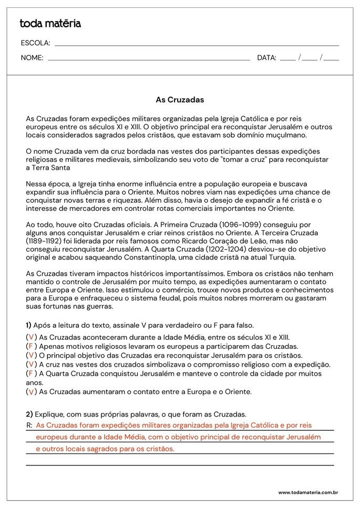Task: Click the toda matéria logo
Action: pos(50,24)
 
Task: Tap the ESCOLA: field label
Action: pos(35,43)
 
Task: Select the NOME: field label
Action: pos(32,58)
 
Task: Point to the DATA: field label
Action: pos(266,58)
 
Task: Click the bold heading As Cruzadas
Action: pos(180,99)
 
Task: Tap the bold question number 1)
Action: pos(29,325)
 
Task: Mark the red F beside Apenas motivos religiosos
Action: pos(31,346)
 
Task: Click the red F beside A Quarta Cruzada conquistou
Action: pos(31,373)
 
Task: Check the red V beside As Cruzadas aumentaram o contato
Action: pos(32,392)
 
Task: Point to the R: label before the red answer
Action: pos(29,424)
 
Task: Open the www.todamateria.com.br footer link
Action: pos(307,492)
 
